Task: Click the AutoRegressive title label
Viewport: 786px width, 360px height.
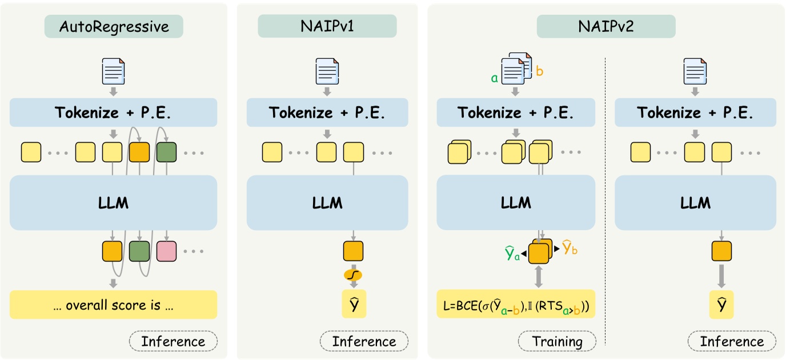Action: click(x=114, y=26)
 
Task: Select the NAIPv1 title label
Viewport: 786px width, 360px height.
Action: click(x=327, y=26)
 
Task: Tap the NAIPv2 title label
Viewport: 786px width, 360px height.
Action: click(x=605, y=26)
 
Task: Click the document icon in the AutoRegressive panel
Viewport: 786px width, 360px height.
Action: click(x=113, y=71)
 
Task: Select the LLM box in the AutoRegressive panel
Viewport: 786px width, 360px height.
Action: click(x=113, y=203)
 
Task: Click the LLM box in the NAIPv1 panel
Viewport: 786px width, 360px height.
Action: click(x=327, y=203)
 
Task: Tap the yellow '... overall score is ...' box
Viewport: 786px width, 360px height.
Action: click(x=113, y=305)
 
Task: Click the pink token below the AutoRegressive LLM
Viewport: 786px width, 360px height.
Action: click(x=166, y=251)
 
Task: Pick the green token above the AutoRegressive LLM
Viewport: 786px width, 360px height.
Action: click(x=166, y=151)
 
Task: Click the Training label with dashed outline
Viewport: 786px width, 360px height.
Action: click(x=557, y=342)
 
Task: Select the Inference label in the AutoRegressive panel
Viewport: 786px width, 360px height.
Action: click(x=173, y=342)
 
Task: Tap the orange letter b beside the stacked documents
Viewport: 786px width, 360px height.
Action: click(x=540, y=72)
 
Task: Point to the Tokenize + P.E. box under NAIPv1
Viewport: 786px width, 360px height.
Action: click(x=327, y=113)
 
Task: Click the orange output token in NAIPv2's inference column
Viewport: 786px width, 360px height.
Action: click(x=721, y=251)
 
